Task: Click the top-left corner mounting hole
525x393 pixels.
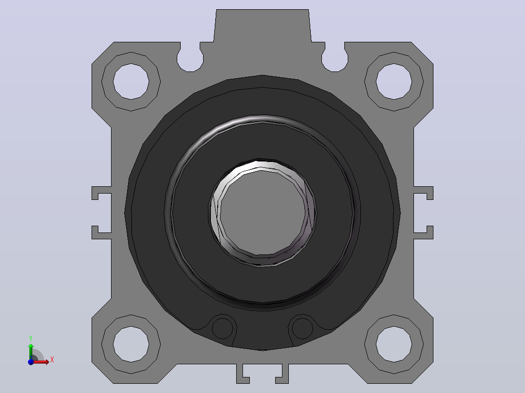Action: click(131, 81)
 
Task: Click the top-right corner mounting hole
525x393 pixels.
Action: click(394, 81)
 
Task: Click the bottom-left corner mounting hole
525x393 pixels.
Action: click(131, 344)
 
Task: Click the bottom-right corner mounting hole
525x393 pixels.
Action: click(394, 344)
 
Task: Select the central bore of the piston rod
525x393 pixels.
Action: click(263, 213)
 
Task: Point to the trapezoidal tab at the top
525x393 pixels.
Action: click(262, 26)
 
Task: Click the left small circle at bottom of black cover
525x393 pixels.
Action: click(222, 328)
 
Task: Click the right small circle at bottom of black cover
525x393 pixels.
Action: click(302, 328)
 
